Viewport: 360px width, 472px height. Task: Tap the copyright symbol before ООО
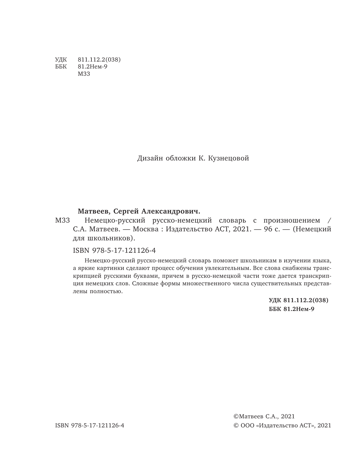[236, 426]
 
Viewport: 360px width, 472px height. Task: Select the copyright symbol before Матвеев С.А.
[235, 417]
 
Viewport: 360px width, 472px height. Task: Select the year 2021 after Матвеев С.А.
[288, 417]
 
